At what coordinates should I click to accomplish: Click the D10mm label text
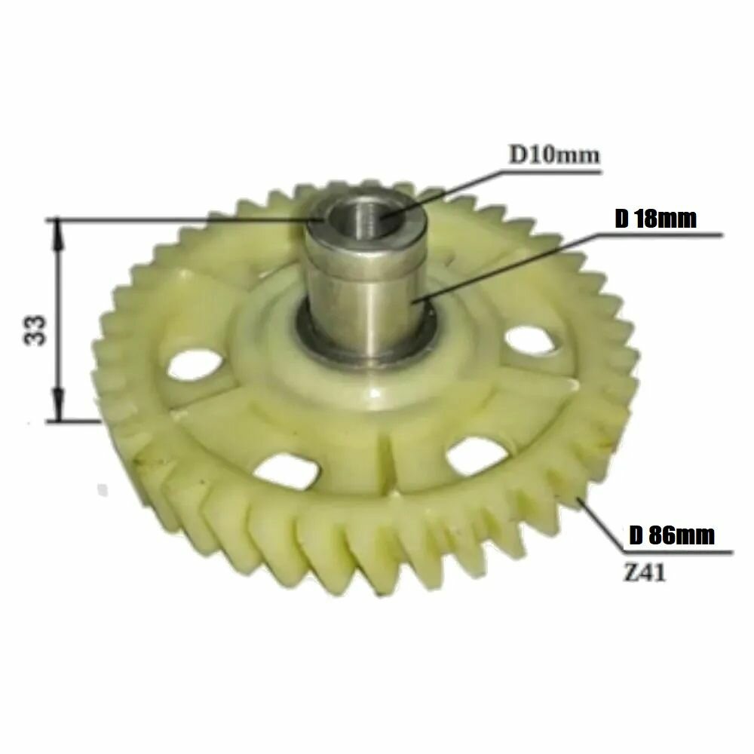[x=554, y=155]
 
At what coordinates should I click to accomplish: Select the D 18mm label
[x=655, y=219]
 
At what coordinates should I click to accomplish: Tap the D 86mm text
[x=672, y=535]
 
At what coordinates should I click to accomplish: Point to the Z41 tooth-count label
[x=645, y=573]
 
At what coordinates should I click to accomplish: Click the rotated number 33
[x=35, y=330]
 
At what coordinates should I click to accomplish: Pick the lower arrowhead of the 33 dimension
[x=58, y=406]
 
